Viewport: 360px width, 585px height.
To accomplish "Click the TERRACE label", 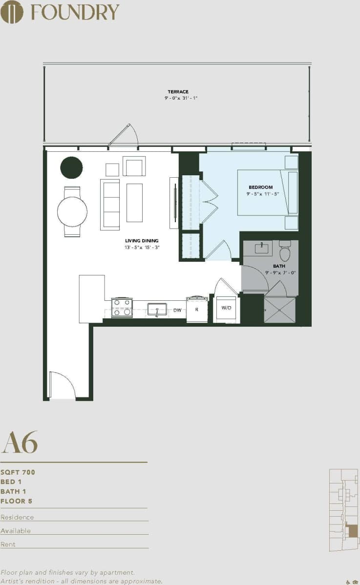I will coord(178,91).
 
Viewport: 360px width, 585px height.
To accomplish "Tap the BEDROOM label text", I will coord(260,187).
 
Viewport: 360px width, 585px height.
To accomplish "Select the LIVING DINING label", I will coord(142,241).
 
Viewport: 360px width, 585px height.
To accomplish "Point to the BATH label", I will coord(279,266).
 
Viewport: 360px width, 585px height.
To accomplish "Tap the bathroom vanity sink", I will coord(261,249).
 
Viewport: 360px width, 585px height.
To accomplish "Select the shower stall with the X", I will coord(279,310).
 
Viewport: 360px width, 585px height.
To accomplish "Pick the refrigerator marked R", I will coord(197,310).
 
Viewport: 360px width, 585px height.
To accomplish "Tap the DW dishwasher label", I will coord(177,310).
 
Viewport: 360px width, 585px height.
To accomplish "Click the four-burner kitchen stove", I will coord(122,308).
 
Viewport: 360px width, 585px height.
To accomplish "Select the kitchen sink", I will coord(157,309).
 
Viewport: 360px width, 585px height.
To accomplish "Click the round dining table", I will coord(72,211).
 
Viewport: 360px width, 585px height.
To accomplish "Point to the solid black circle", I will coord(71,167).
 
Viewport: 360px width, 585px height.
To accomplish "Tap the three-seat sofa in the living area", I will coord(110,204).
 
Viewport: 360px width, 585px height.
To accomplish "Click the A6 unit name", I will coord(20,442).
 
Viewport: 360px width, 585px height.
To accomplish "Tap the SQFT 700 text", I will coord(18,472).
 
